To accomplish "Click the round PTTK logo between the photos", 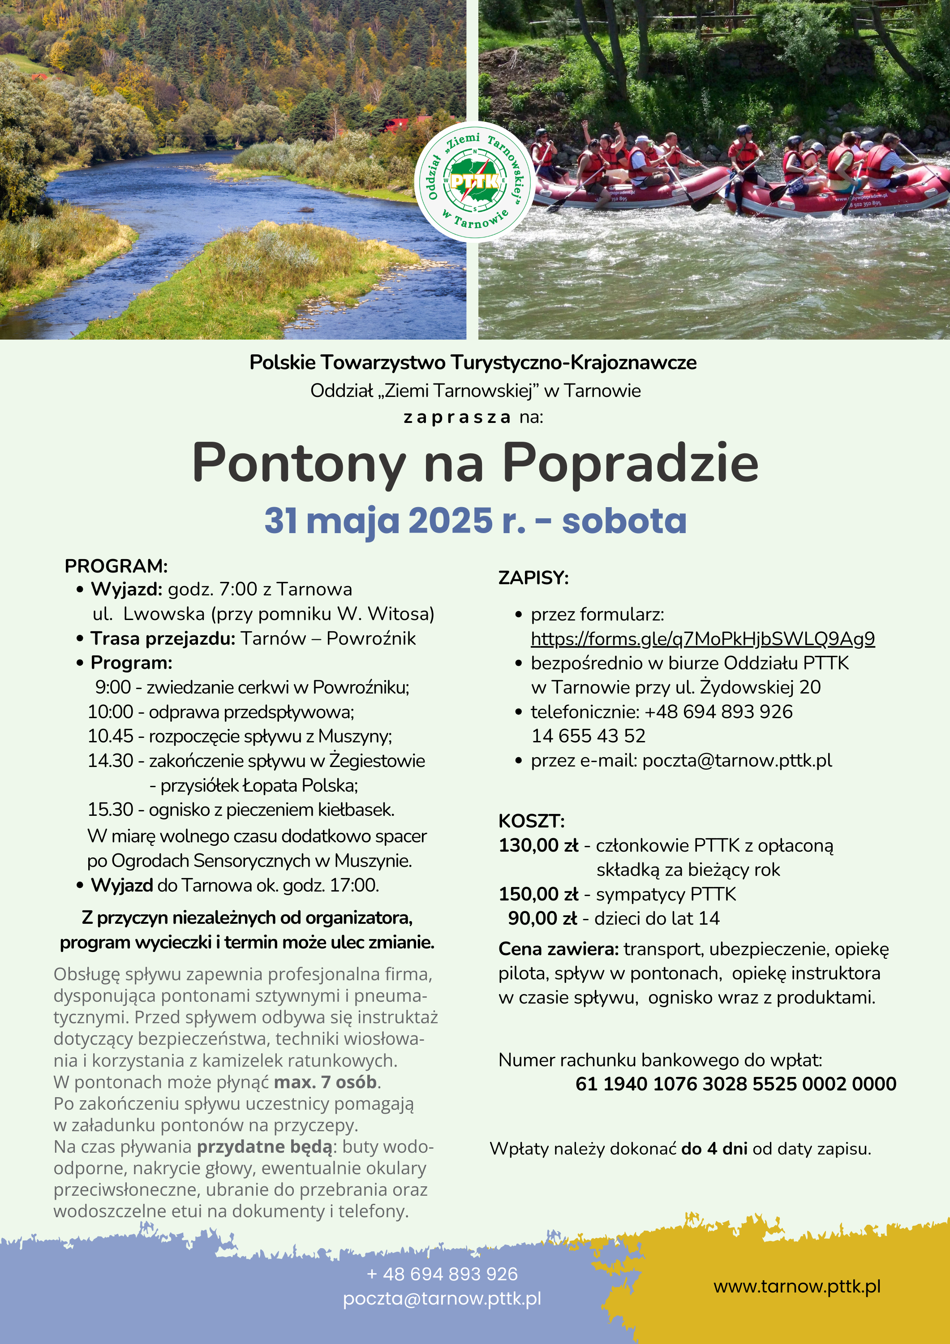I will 475,181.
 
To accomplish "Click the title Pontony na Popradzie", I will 475,464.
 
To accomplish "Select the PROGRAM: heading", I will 116,566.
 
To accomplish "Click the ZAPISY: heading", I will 533,578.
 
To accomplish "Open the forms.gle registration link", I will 702,639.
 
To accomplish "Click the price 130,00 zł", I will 538,845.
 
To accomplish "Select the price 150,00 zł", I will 538,894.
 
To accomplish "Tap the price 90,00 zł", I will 542,918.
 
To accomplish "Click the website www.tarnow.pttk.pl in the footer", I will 797,1286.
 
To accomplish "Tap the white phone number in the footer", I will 442,1274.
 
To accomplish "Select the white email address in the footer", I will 442,1298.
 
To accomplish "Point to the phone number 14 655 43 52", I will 588,736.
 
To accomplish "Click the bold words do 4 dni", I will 714,1149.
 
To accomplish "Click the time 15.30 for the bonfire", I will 111,809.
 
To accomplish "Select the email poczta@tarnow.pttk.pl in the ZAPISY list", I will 736,760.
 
